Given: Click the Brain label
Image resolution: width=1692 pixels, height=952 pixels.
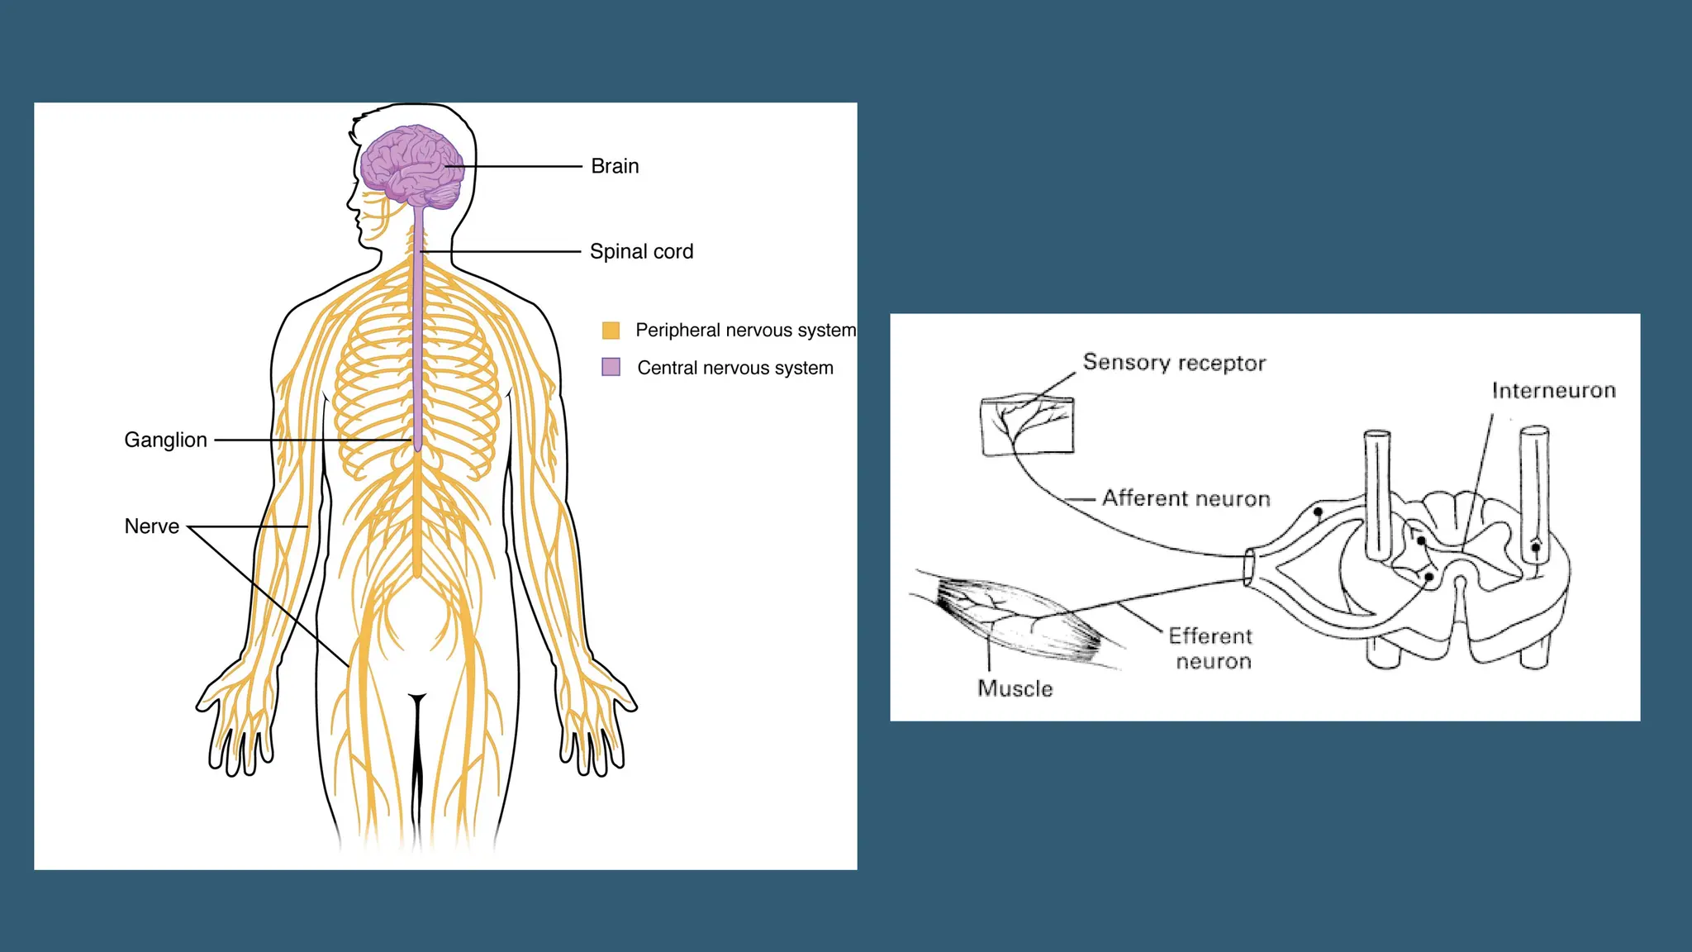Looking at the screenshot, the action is click(x=615, y=166).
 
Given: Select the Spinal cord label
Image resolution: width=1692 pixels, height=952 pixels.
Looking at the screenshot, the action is click(x=641, y=251).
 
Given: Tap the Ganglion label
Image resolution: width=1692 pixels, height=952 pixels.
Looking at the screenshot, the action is click(x=165, y=440).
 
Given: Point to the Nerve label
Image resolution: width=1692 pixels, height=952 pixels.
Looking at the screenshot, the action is click(x=151, y=526).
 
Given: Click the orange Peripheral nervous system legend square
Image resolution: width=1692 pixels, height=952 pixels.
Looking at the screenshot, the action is click(x=611, y=331).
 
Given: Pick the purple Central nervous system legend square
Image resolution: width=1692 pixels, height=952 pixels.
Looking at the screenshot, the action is click(x=611, y=367).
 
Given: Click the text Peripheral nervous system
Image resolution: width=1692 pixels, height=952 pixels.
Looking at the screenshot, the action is click(x=745, y=331).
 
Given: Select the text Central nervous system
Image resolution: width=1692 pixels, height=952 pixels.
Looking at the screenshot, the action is click(x=735, y=368).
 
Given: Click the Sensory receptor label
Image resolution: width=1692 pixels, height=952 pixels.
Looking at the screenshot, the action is click(x=1174, y=363).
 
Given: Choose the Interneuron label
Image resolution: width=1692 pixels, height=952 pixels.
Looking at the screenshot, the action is click(x=1553, y=391).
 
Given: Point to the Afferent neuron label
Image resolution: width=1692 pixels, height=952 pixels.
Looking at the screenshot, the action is click(x=1186, y=498).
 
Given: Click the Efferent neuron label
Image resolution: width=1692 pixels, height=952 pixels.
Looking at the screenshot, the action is click(x=1211, y=649).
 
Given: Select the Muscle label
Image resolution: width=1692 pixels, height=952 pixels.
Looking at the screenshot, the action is click(x=1015, y=688).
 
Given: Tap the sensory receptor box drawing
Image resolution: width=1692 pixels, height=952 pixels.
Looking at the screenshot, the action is click(x=1028, y=426).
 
